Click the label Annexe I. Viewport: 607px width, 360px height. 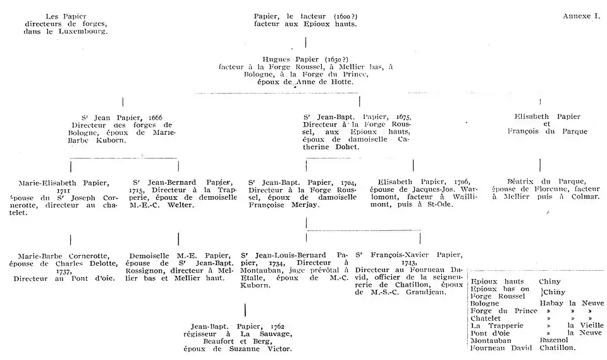[582, 16]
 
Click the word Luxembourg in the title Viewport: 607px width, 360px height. [83, 32]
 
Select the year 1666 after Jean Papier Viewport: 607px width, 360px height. [156, 118]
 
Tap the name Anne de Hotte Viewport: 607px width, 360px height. [324, 82]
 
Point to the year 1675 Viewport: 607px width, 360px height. [404, 117]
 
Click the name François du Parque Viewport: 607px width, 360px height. [548, 132]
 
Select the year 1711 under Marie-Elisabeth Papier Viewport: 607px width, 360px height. [63, 190]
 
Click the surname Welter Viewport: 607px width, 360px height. [180, 205]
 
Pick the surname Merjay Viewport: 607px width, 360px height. [305, 205]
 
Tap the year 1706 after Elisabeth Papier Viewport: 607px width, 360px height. [462, 182]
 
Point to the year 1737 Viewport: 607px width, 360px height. [63, 271]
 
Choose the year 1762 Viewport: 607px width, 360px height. [278, 326]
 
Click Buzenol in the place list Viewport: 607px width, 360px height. [554, 340]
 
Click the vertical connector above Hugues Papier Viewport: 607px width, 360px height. [306, 42]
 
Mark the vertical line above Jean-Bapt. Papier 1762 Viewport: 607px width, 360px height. [245, 310]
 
